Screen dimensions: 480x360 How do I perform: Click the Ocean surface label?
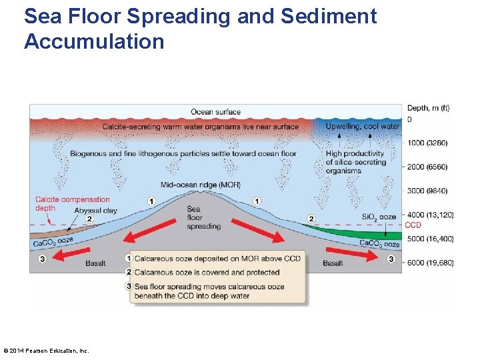pyautogui.click(x=215, y=112)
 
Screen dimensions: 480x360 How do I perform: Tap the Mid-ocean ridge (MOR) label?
pyautogui.click(x=201, y=185)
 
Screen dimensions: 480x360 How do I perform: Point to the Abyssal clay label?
pyautogui.click(x=96, y=210)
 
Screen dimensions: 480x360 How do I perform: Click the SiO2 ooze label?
pyautogui.click(x=379, y=217)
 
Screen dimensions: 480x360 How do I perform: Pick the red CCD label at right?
pyautogui.click(x=413, y=225)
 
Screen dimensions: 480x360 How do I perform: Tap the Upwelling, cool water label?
pyautogui.click(x=363, y=127)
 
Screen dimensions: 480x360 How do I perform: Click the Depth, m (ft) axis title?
pyautogui.click(x=427, y=108)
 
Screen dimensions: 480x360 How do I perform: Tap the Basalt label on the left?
pyautogui.click(x=95, y=263)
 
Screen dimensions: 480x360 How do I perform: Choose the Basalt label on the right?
pyautogui.click(x=333, y=263)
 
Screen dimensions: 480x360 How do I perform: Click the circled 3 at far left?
pyautogui.click(x=43, y=259)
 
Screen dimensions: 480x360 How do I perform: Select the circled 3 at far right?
pyautogui.click(x=391, y=259)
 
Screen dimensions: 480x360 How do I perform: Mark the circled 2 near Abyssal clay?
pyautogui.click(x=89, y=219)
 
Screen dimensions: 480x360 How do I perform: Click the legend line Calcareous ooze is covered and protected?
pyautogui.click(x=207, y=272)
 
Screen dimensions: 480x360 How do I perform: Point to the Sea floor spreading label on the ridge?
pyautogui.click(x=203, y=218)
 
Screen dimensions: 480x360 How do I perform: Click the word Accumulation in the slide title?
pyautogui.click(x=94, y=42)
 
